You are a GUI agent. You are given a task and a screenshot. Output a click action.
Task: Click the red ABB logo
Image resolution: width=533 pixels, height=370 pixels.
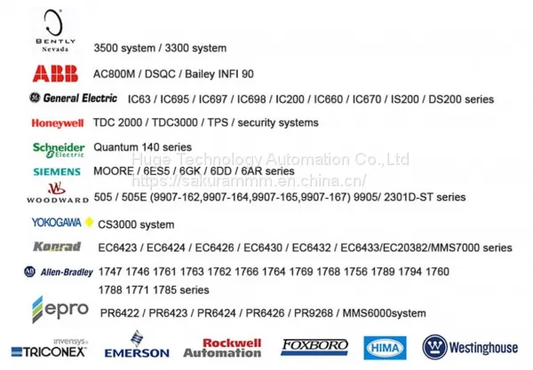(x=55, y=74)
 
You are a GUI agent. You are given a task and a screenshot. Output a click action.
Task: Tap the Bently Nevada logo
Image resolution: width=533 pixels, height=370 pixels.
(x=55, y=31)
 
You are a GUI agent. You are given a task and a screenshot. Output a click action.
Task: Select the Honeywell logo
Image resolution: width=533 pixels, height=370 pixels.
(x=58, y=122)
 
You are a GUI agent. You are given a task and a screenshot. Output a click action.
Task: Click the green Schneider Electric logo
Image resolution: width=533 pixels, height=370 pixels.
(x=59, y=150)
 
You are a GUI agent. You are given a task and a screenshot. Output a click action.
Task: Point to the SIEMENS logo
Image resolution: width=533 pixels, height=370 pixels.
(x=57, y=171)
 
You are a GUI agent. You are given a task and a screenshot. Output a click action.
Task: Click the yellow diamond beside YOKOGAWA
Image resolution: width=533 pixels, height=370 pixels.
(x=89, y=222)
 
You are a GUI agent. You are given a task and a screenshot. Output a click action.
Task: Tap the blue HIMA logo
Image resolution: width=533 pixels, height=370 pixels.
(x=385, y=348)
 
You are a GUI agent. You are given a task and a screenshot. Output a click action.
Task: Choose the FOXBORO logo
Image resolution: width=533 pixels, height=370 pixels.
(x=314, y=347)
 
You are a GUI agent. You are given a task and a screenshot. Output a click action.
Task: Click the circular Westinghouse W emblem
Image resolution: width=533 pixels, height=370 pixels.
(x=434, y=347)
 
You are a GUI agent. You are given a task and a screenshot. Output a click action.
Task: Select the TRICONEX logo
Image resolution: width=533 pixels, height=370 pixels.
(x=49, y=349)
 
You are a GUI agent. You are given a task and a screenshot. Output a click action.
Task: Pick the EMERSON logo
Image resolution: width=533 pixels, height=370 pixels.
(x=137, y=344)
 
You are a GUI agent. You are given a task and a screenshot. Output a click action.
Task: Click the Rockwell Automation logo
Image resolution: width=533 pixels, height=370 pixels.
(x=223, y=348)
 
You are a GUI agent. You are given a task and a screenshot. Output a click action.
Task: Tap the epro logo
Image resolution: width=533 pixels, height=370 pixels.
(x=60, y=310)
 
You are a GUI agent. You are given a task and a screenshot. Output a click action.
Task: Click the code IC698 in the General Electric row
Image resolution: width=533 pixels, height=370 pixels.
(x=251, y=99)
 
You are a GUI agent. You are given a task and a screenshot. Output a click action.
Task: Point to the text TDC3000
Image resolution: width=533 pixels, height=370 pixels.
(x=174, y=122)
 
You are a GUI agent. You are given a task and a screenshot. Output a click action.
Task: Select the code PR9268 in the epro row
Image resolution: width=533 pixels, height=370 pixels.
(x=313, y=312)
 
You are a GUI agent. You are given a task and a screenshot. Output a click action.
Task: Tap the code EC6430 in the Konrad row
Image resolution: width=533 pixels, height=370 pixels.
(x=263, y=248)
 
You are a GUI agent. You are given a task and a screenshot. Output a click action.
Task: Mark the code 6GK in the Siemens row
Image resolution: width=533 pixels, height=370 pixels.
(x=190, y=170)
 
